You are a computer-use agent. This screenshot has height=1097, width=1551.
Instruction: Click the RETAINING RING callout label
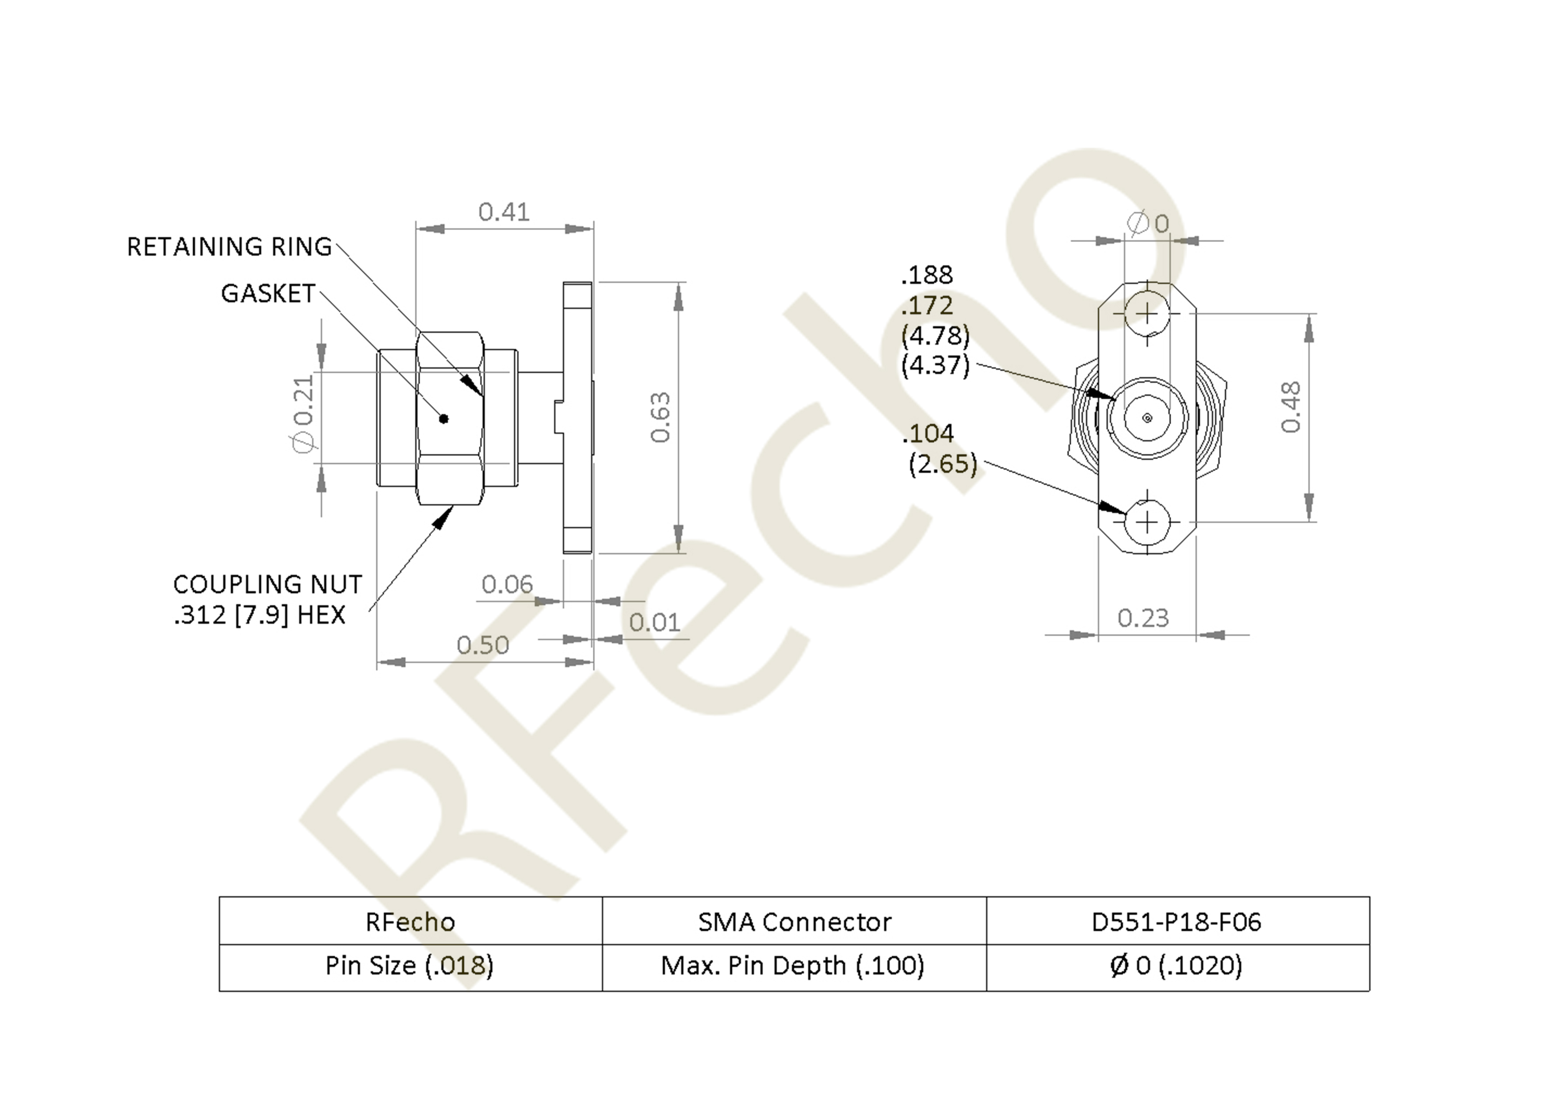229,247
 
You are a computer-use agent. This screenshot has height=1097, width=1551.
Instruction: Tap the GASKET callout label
268,293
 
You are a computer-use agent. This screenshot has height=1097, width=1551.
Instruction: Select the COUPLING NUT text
267,584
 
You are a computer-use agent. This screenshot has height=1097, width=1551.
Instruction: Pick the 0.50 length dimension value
483,645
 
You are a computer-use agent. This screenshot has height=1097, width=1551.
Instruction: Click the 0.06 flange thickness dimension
507,584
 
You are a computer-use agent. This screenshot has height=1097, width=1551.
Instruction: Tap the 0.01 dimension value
655,622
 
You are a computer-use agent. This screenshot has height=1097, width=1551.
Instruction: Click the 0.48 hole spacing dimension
1290,407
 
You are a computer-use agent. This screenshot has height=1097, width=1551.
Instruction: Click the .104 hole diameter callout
928,433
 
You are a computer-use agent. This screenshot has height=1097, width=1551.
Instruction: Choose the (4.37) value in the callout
936,365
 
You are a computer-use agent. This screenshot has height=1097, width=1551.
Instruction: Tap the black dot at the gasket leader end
444,419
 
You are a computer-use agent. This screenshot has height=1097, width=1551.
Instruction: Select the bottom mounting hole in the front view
1147,522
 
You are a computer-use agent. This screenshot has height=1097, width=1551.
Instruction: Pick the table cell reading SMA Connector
795,922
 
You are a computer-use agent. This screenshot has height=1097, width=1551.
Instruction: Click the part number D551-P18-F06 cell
1177,922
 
